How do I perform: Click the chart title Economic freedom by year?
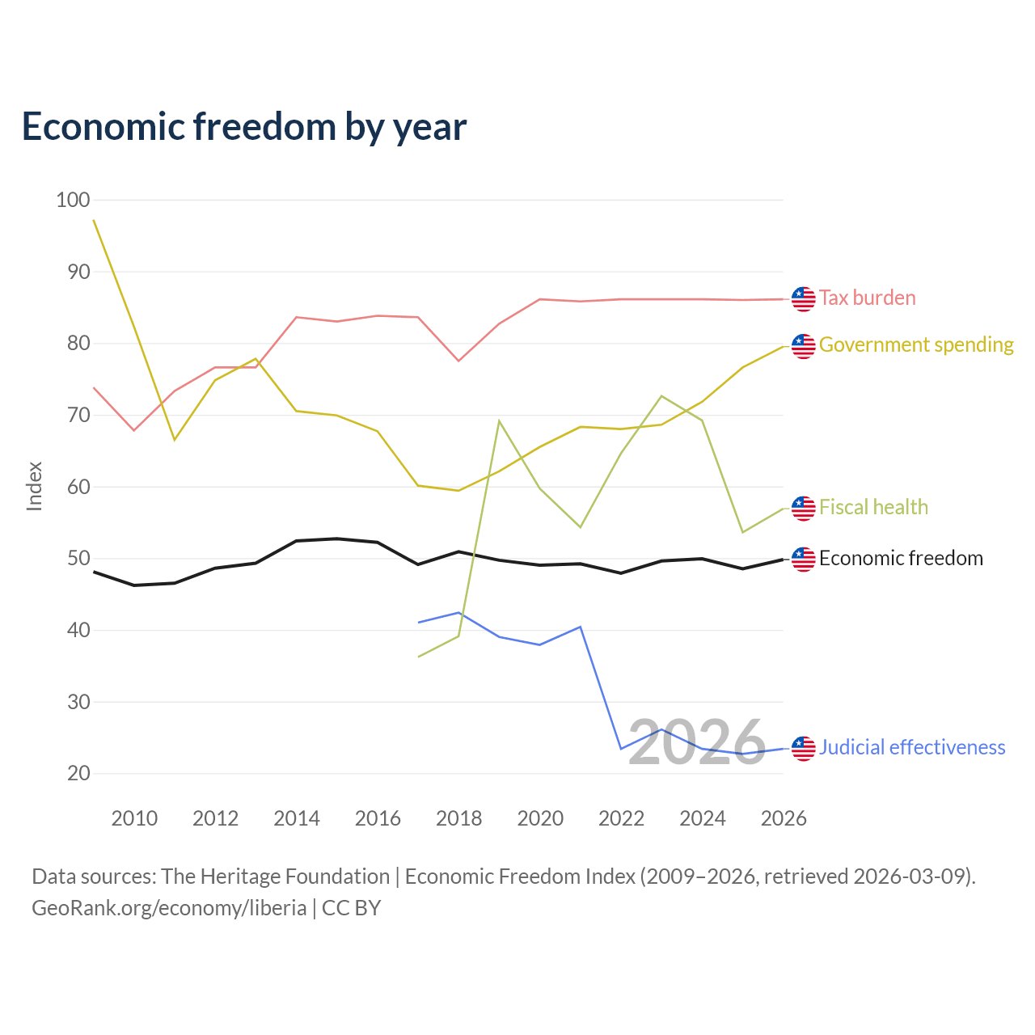[x=244, y=127]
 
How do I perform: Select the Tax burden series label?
[x=867, y=298]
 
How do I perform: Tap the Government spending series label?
[x=916, y=344]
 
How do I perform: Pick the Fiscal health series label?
[x=873, y=507]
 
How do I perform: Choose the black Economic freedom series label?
[x=901, y=558]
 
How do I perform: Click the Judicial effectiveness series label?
[x=911, y=747]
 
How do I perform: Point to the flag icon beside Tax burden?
[x=803, y=299]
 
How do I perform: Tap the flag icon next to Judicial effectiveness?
[x=803, y=749]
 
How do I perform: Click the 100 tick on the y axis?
[x=73, y=200]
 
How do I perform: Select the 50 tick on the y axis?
[x=78, y=559]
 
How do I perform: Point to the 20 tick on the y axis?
[x=78, y=774]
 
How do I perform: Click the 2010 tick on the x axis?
[x=134, y=818]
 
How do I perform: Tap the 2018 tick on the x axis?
[x=458, y=818]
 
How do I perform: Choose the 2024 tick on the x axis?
[x=703, y=818]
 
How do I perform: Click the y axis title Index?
[x=35, y=487]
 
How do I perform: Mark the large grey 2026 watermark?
[x=697, y=743]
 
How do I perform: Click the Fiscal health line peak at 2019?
[x=500, y=420]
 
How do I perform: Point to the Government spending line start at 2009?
[x=94, y=220]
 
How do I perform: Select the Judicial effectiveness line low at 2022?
[x=622, y=749]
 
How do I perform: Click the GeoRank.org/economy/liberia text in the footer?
[x=169, y=908]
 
